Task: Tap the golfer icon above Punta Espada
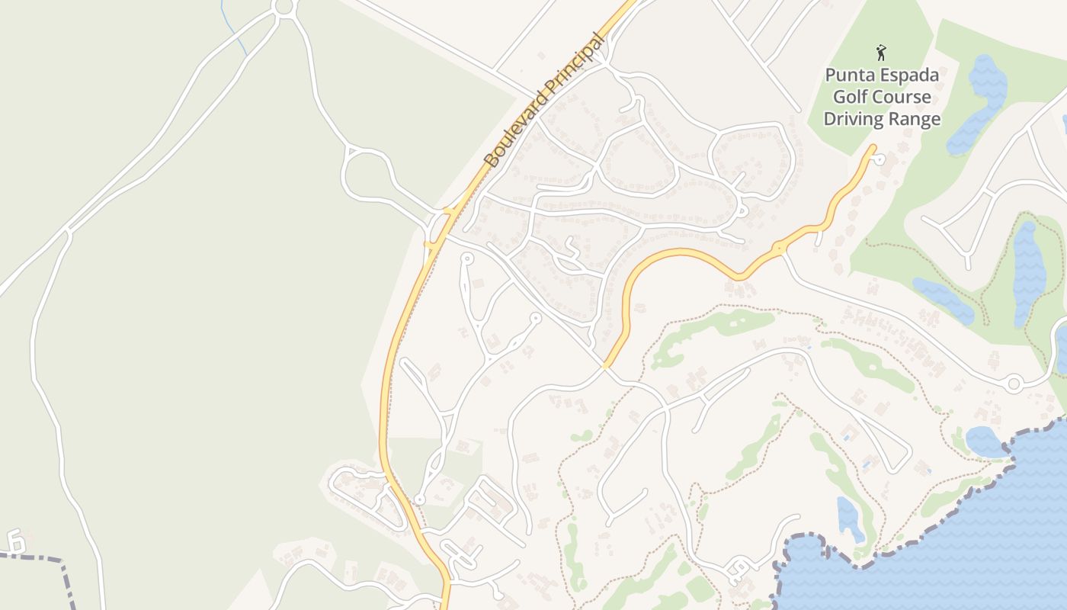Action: [x=882, y=53]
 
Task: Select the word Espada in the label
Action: [x=912, y=75]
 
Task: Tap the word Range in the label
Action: [x=915, y=120]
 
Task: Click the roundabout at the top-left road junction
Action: [x=284, y=8]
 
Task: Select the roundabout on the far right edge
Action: [x=1014, y=384]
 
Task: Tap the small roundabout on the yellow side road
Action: [x=778, y=249]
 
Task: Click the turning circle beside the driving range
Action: [x=880, y=159]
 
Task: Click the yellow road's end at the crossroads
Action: [x=606, y=365]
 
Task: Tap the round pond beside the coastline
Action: [x=985, y=441]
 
